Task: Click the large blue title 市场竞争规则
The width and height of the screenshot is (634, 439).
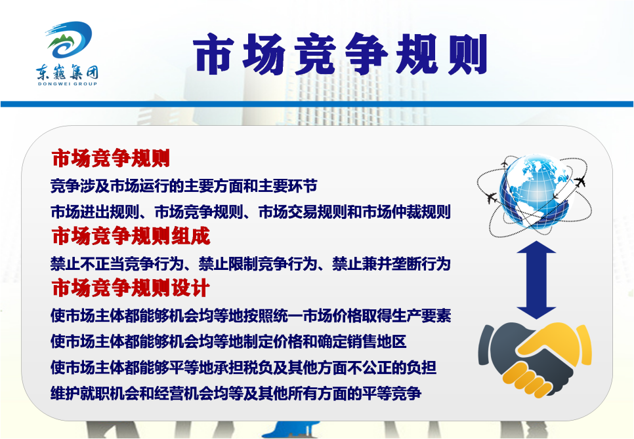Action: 340,54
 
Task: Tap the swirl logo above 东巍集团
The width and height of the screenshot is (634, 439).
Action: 69,39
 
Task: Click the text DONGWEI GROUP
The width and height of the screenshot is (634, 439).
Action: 68,84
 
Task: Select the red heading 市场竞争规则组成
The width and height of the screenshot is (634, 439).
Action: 131,236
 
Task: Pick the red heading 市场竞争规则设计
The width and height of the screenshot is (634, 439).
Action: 131,288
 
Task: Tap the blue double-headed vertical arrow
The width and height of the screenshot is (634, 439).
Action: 536,280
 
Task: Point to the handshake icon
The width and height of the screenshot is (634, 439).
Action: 535,359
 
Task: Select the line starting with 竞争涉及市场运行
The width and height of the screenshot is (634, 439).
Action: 184,186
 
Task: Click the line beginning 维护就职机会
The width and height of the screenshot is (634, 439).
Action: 236,393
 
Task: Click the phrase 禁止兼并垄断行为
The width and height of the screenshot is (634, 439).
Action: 391,264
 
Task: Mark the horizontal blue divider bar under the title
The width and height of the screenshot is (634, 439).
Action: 317,104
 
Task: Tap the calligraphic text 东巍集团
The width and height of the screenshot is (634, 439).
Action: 67,72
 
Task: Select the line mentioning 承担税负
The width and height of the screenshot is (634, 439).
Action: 243,367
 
